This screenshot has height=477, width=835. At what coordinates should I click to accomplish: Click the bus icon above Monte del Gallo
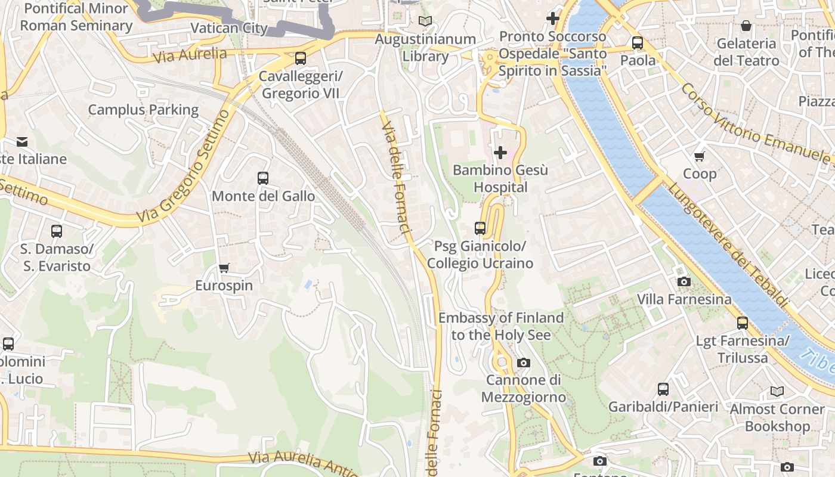pyautogui.click(x=262, y=178)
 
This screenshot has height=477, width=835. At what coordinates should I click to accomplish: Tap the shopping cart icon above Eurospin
pyautogui.click(x=224, y=268)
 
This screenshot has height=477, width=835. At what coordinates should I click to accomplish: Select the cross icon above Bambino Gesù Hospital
pyautogui.click(x=500, y=153)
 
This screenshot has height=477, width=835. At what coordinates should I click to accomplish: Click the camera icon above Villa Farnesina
pyautogui.click(x=684, y=281)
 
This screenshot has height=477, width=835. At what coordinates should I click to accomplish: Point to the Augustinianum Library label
pyautogui.click(x=425, y=48)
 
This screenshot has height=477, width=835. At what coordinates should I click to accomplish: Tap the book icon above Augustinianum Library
pyautogui.click(x=425, y=21)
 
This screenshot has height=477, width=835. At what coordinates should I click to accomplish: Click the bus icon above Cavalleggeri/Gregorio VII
pyautogui.click(x=301, y=58)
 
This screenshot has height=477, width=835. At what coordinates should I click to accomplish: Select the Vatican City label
pyautogui.click(x=229, y=28)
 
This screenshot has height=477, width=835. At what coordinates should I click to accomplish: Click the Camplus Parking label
pyautogui.click(x=143, y=110)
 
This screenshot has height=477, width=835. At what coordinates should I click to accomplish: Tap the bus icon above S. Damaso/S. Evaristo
pyautogui.click(x=57, y=231)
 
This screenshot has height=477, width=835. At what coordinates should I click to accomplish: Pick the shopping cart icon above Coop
pyautogui.click(x=700, y=156)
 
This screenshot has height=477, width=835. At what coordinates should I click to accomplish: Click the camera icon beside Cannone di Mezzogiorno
pyautogui.click(x=523, y=363)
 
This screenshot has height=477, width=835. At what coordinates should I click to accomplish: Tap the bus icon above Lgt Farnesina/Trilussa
pyautogui.click(x=743, y=323)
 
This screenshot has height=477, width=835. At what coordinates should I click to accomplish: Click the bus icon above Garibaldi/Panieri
pyautogui.click(x=663, y=389)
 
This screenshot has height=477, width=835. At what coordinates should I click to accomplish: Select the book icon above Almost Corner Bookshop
pyautogui.click(x=777, y=391)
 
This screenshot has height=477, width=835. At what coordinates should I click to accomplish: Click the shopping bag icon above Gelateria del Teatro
pyautogui.click(x=746, y=26)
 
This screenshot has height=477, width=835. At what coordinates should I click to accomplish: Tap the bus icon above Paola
pyautogui.click(x=638, y=43)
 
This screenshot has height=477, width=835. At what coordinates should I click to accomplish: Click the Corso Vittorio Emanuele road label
pyautogui.click(x=756, y=125)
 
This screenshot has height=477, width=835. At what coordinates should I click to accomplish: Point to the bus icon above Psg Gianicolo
pyautogui.click(x=480, y=228)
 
